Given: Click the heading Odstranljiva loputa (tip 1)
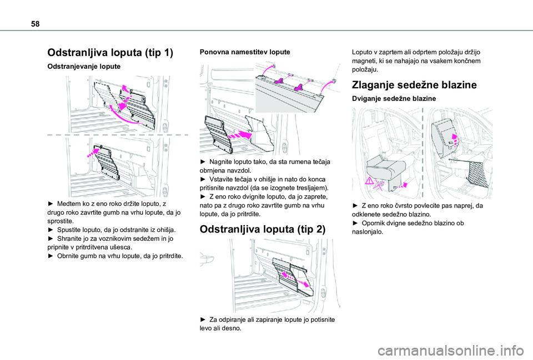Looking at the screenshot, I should point(110,53).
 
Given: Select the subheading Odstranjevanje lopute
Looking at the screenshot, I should point(83,67).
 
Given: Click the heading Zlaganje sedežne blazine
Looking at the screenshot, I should point(414,85).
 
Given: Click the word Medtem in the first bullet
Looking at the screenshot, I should point(70,204).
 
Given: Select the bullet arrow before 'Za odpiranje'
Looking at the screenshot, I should point(203,320).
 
